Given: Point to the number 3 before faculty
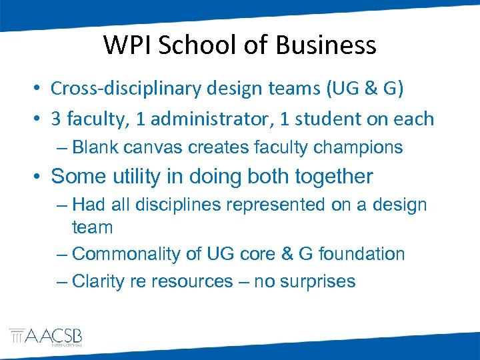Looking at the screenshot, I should point(56,119).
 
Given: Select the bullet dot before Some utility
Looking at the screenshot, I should point(38,177).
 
